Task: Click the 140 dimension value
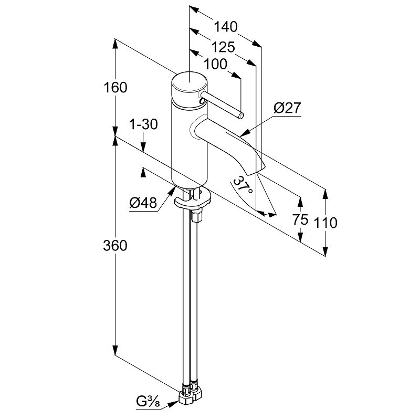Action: point(226,27)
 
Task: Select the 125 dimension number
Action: point(223,47)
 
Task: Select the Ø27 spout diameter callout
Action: point(287,109)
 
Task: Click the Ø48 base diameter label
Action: point(143,203)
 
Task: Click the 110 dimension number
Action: point(326,223)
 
